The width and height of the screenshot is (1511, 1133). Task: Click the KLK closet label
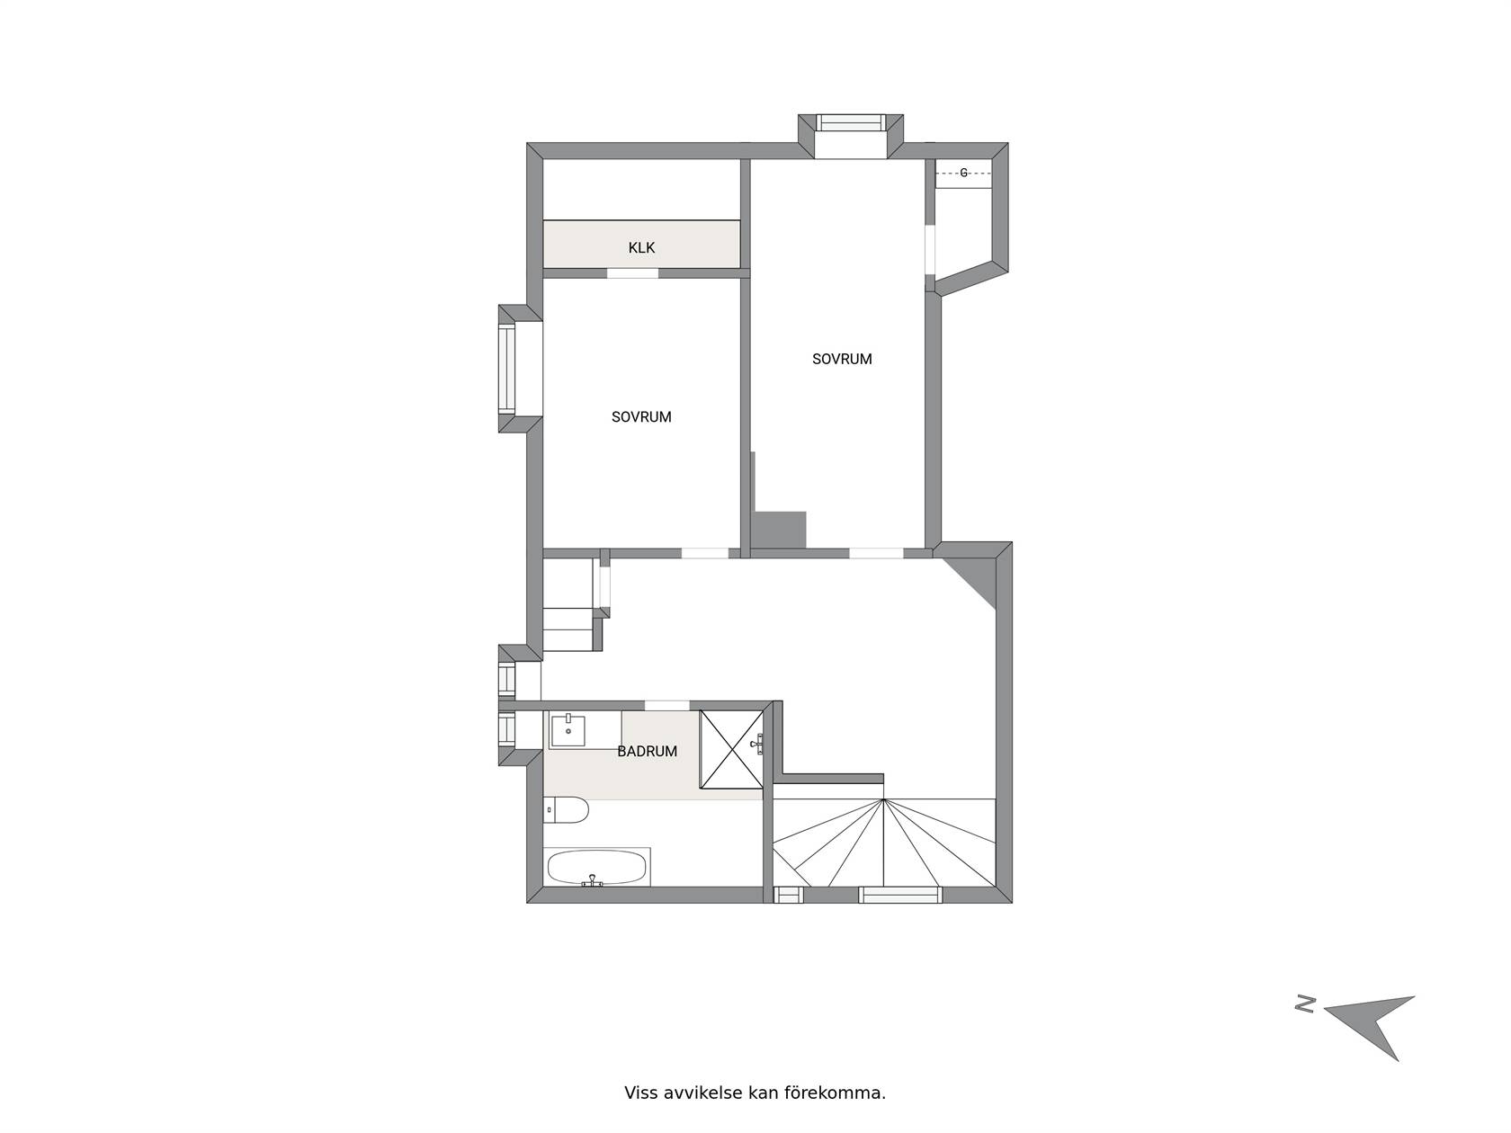(x=641, y=247)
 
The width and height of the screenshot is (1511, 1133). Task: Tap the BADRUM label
(x=647, y=752)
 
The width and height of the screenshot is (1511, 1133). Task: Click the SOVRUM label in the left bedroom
(x=641, y=417)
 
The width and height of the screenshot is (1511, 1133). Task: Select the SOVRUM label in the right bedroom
(x=841, y=359)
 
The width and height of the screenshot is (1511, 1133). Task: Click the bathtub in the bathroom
(x=597, y=868)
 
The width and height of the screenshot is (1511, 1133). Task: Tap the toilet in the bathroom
(x=565, y=809)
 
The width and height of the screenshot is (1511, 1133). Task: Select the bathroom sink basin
(x=568, y=730)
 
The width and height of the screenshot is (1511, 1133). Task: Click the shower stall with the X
(x=731, y=749)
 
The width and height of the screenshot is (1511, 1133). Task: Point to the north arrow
(x=1370, y=1037)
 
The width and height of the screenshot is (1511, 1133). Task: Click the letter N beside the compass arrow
(x=1305, y=1023)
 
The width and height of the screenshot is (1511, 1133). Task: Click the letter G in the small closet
(x=963, y=173)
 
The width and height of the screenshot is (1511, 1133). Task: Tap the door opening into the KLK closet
(x=632, y=273)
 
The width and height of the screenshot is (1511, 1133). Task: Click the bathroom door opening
(x=666, y=705)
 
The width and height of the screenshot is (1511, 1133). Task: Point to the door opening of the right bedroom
(x=876, y=553)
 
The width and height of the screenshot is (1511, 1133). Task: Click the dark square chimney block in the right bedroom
(x=779, y=530)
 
